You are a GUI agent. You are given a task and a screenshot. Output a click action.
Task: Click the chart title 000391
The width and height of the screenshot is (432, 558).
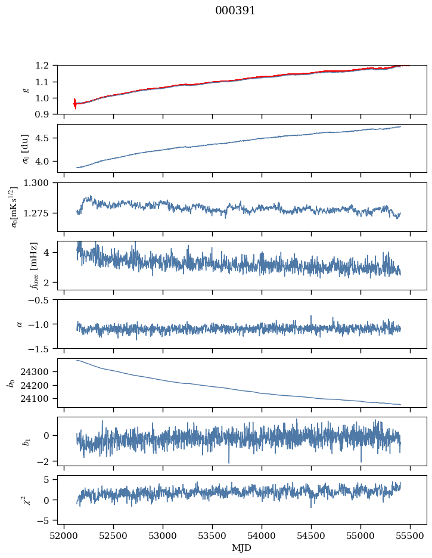point(235,11)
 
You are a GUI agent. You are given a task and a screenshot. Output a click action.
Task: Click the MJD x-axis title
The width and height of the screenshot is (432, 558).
point(241,548)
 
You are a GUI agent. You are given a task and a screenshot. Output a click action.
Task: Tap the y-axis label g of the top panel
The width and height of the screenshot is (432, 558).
point(25,90)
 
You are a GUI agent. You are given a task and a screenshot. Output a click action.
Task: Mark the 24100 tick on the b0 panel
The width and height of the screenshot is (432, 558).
point(39,399)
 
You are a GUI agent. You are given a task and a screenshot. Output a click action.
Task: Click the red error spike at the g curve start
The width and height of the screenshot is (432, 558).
point(75,104)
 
